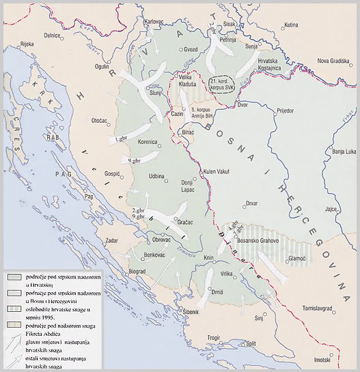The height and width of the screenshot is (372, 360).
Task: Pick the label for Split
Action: (x=251, y=343)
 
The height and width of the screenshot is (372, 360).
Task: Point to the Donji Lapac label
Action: (x=188, y=187)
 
